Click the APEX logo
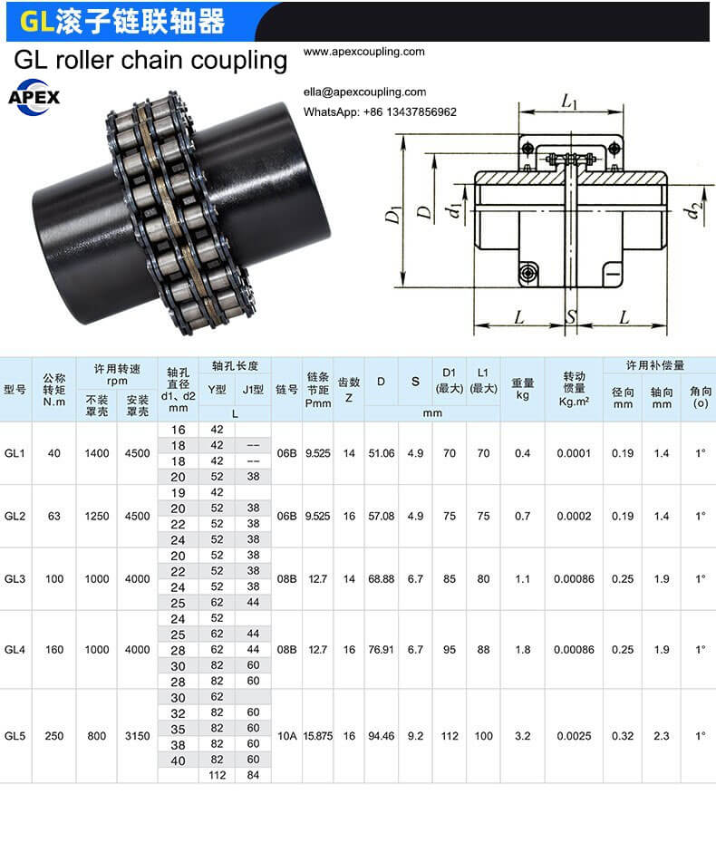34,97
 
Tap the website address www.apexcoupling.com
364,52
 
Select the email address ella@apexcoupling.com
364,92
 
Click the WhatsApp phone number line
380,111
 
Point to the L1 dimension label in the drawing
568,101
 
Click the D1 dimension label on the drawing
393,214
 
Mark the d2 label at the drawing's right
693,210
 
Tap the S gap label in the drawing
571,316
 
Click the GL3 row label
15,579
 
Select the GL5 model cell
15,735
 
